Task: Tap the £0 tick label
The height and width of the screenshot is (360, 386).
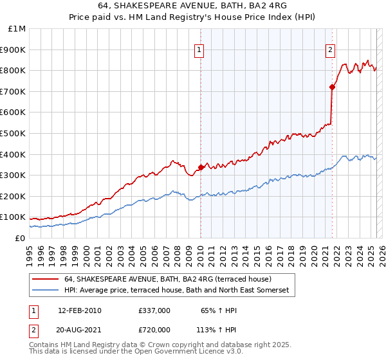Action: point(19,238)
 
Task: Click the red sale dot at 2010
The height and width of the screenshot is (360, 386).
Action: point(201,167)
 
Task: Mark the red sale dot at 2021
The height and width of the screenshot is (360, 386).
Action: point(333,87)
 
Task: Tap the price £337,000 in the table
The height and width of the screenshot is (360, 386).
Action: point(154,310)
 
